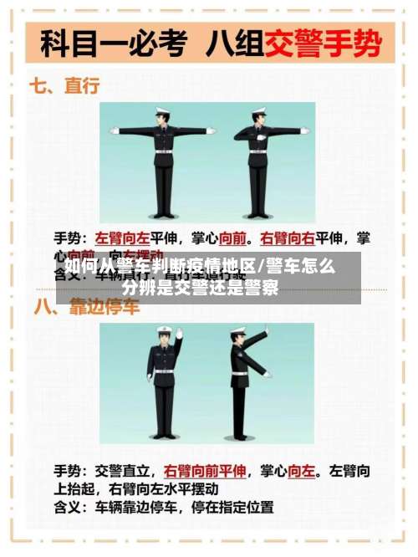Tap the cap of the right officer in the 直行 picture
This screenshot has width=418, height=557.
(258, 111)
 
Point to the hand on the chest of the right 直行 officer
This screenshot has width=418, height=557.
(262, 136)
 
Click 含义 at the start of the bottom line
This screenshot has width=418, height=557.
(69, 507)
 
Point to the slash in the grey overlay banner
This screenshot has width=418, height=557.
(260, 268)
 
